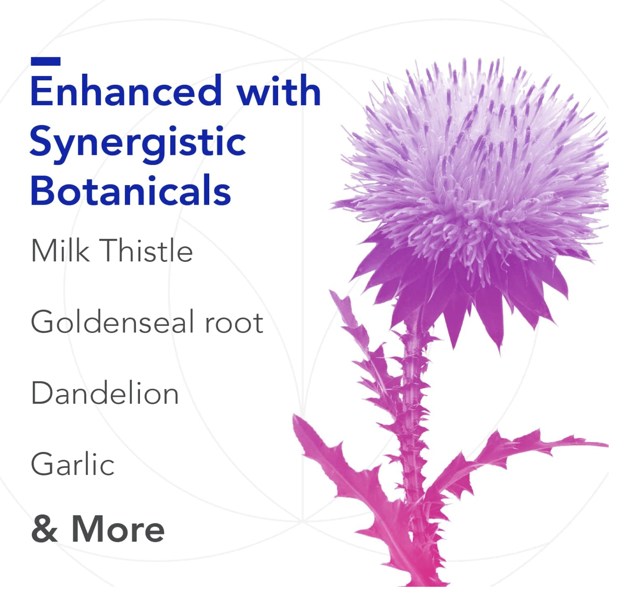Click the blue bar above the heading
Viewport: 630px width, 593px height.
click(46, 61)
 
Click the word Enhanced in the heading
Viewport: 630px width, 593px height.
click(126, 91)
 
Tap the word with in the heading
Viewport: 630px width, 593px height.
click(279, 91)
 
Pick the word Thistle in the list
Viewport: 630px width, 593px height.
click(148, 250)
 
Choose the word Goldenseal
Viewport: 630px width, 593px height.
click(112, 321)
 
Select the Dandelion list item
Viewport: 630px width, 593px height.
click(105, 392)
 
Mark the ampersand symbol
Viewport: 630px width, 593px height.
click(44, 529)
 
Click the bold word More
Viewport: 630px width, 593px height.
click(118, 529)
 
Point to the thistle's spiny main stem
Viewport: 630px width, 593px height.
click(412, 444)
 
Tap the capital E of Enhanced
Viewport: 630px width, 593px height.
click(41, 91)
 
